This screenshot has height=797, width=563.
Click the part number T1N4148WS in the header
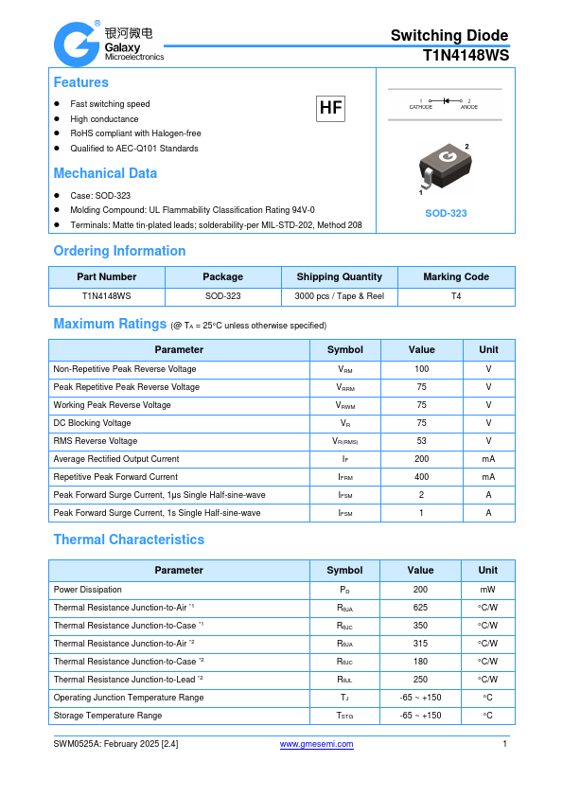click(x=466, y=56)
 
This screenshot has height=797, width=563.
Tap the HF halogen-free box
click(x=330, y=109)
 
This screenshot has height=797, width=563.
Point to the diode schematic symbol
click(x=444, y=99)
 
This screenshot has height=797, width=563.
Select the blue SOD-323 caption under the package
click(x=446, y=214)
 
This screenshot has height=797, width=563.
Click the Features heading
click(x=80, y=82)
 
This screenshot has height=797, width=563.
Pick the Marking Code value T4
click(x=456, y=295)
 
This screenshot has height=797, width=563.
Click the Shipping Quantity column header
click(x=340, y=276)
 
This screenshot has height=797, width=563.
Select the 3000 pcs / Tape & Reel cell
click(x=340, y=295)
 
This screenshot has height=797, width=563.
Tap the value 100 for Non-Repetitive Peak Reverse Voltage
click(x=421, y=369)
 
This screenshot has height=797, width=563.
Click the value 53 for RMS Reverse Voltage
click(x=421, y=441)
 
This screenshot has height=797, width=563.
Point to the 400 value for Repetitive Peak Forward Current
click(x=421, y=477)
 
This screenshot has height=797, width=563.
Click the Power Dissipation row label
click(x=87, y=589)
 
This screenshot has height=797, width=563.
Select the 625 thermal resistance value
click(x=421, y=607)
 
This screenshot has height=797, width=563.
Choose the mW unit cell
click(x=487, y=589)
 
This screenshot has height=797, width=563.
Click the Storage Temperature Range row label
click(x=107, y=716)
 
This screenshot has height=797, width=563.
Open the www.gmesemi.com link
click(x=317, y=744)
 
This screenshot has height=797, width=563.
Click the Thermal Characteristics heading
click(x=129, y=540)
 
